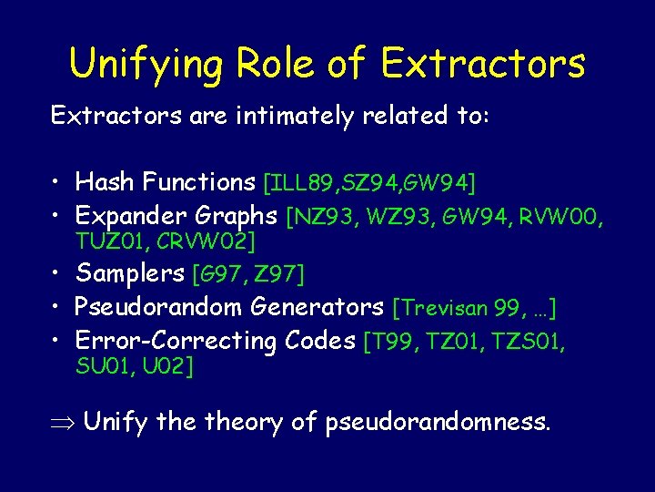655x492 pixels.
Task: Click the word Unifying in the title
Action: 145,64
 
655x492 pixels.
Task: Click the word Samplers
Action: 130,273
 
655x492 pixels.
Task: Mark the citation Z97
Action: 283,274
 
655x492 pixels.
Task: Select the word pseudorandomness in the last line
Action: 438,423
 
